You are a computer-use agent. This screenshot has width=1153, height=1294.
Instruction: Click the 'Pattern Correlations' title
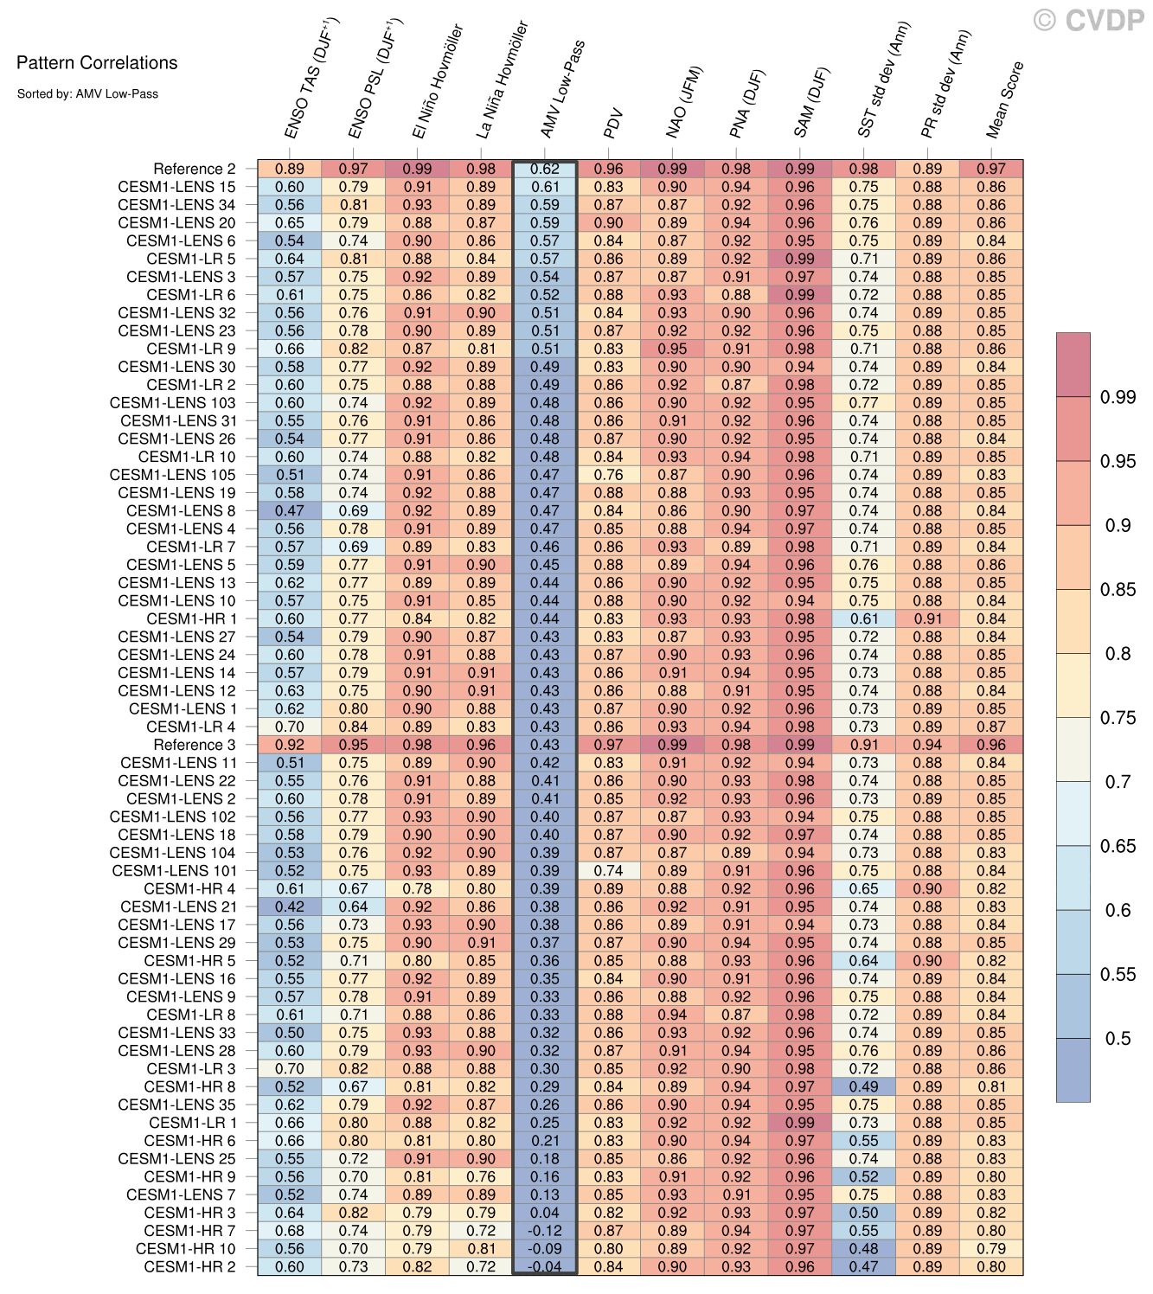[97, 63]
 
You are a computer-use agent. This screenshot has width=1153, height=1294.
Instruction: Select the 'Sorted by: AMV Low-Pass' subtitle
[87, 93]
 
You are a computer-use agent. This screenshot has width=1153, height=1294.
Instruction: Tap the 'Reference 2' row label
[194, 170]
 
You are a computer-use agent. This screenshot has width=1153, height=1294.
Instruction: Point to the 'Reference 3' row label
[194, 745]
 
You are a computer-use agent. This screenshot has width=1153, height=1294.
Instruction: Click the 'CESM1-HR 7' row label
[189, 1231]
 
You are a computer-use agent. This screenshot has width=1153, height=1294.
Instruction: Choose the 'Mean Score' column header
[1005, 100]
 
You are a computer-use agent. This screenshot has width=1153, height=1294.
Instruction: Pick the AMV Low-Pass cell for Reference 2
[545, 170]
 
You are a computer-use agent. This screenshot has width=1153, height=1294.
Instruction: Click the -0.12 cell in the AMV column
[545, 1231]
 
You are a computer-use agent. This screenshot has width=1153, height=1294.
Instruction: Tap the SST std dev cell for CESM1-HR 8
[864, 1087]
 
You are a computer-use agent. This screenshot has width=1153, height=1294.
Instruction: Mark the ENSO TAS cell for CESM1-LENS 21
[290, 907]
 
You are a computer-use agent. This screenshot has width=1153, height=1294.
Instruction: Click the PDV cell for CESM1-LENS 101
[609, 871]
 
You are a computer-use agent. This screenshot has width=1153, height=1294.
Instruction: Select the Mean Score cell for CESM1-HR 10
[991, 1249]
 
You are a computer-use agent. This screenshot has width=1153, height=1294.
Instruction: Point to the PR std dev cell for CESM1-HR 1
[927, 619]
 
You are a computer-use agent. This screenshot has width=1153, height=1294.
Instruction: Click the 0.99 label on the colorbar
[1118, 398]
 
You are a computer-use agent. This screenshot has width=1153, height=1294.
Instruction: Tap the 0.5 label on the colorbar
[1118, 1039]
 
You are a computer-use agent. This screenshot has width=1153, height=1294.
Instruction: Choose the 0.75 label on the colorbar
[1118, 718]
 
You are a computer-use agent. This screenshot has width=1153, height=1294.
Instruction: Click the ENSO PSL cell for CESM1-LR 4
[354, 727]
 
